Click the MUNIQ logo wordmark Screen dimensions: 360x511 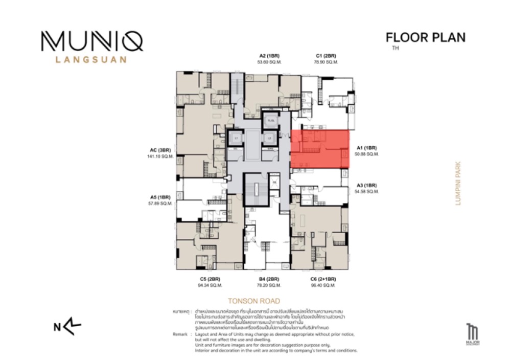point(92,41)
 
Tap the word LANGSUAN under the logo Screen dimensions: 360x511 point(91,59)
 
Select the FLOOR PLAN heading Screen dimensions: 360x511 point(425,37)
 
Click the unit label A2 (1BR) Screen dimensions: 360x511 point(269,56)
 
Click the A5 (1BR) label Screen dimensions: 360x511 point(160,197)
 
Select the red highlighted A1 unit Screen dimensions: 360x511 point(320,149)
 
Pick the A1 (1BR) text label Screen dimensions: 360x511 point(366,148)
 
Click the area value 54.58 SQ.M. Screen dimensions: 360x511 point(366,191)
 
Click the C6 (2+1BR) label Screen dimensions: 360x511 point(323,279)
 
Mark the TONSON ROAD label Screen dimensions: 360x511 point(254,301)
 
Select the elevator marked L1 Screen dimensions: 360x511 point(236,138)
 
